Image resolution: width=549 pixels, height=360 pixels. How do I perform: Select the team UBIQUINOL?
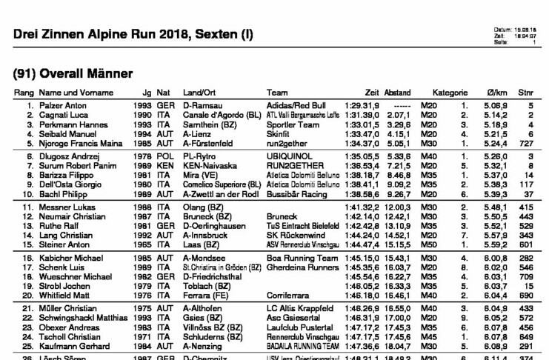[x=287, y=158]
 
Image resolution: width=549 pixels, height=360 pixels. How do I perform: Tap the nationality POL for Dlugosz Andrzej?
[x=162, y=158]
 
